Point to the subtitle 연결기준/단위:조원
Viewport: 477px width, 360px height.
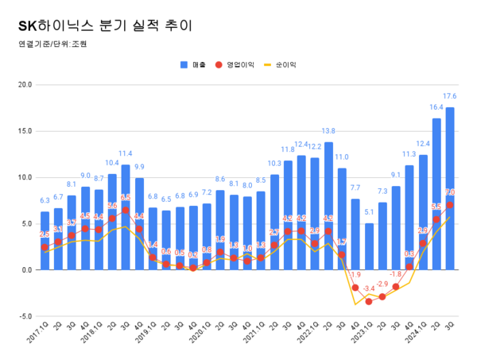52,45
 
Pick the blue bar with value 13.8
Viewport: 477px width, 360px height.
328,206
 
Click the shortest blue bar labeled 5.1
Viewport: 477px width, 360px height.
369,246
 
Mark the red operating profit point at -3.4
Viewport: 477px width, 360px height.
369,301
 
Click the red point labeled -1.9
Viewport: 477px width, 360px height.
355,288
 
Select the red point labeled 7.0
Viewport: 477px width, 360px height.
450,205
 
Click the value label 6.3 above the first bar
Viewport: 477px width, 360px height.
45,201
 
